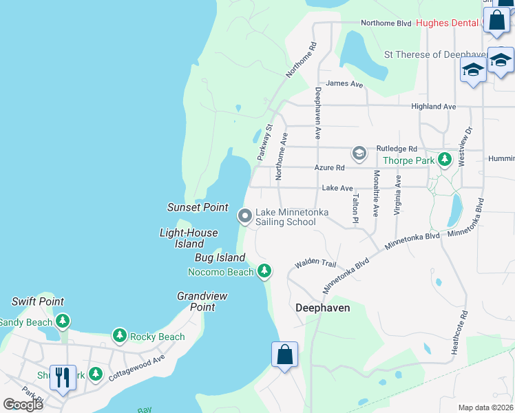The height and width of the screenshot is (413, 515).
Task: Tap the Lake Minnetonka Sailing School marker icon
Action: pos(244,216)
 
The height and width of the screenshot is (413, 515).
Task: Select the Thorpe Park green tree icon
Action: pos(445,160)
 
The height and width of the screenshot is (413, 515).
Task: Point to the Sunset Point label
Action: pos(198,207)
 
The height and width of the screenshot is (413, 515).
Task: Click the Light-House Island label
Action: pos(189,238)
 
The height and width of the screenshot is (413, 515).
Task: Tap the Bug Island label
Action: pos(220,257)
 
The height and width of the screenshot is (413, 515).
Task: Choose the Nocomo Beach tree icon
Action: pos(264,272)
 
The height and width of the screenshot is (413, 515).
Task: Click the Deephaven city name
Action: pos(322,308)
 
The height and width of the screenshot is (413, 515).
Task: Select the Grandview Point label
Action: pos(202,301)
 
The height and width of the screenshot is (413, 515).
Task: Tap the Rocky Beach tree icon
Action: pos(120,337)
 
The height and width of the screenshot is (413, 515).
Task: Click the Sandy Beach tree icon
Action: pos(63,321)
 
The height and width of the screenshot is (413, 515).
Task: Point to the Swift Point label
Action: pos(38,301)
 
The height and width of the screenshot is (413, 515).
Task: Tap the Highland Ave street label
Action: pos(433,107)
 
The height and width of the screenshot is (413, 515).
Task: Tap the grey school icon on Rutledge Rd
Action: pos(358,152)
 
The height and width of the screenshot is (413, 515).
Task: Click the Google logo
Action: pos(22,404)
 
